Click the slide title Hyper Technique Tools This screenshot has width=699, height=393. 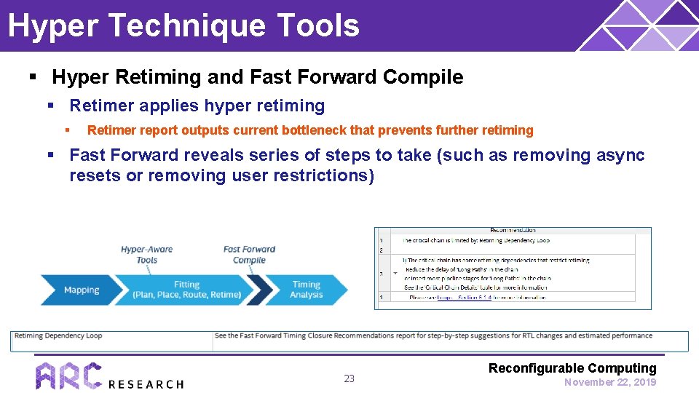click(x=183, y=25)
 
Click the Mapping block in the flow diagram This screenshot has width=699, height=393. click(x=81, y=290)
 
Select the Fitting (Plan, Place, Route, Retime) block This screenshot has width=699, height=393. click(x=186, y=290)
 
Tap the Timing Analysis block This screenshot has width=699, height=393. click(x=307, y=290)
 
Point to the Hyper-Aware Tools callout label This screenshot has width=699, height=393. click(x=146, y=255)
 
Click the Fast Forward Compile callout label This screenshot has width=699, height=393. click(x=249, y=255)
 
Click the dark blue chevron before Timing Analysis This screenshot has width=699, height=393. click(x=261, y=290)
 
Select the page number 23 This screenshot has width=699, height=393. click(x=349, y=378)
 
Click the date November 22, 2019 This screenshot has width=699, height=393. click(x=610, y=382)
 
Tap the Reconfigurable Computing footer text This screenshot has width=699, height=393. click(x=572, y=368)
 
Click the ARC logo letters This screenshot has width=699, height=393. click(x=68, y=376)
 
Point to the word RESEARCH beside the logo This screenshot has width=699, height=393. click(x=146, y=384)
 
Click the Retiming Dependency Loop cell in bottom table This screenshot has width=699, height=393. click(x=59, y=336)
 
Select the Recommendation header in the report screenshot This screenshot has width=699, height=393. click(x=513, y=230)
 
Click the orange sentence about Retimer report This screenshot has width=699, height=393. click(x=310, y=130)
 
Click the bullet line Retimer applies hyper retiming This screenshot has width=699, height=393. click(x=197, y=106)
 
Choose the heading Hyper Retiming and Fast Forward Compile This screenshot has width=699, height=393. click(x=257, y=77)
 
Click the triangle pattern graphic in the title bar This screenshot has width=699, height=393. click(x=641, y=25)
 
